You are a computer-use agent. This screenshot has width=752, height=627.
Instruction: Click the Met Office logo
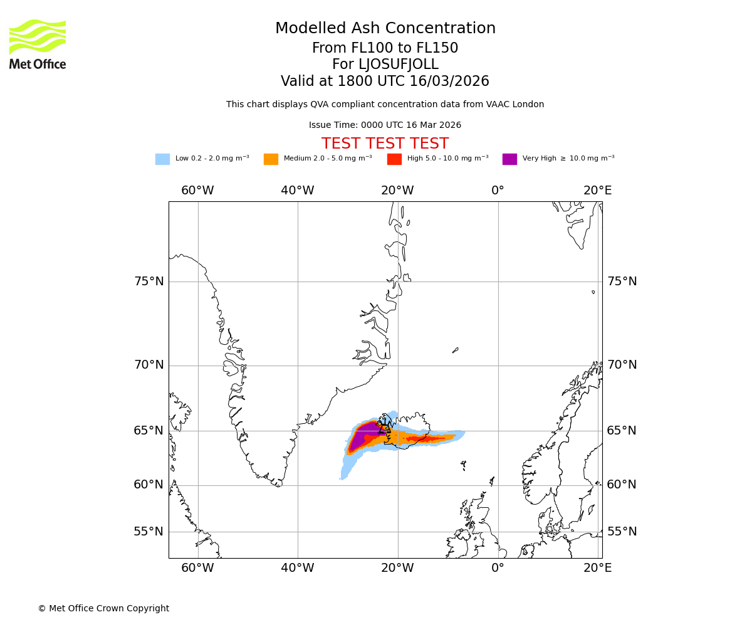coord(38,44)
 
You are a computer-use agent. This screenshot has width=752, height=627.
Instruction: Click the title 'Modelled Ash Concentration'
coord(385,29)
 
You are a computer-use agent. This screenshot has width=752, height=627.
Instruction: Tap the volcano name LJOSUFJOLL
coord(385,65)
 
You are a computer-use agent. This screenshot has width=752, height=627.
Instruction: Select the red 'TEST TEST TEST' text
coord(385,144)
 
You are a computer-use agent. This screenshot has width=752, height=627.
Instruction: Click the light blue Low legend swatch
coord(162,159)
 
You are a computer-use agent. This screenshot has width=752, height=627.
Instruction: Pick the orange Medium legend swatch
coord(271,159)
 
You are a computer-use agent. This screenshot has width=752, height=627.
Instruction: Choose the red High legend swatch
coord(394,159)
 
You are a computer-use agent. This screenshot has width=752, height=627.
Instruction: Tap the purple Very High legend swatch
coord(509,159)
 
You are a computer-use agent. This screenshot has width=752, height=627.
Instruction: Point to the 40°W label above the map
coord(297,191)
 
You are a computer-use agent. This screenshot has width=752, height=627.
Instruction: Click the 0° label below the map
coord(498,568)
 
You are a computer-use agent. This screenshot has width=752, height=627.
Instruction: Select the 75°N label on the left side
coord(149,282)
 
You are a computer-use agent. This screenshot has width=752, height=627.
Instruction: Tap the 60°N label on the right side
coord(621,485)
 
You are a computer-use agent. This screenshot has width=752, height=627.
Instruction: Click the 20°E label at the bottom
coord(597,568)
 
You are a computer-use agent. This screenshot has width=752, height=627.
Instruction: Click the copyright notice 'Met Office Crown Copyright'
coord(103,608)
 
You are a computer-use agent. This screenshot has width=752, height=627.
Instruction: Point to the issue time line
coord(385,125)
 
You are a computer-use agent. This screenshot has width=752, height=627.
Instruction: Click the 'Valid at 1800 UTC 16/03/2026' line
coord(385,82)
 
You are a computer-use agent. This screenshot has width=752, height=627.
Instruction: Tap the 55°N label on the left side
coord(149,532)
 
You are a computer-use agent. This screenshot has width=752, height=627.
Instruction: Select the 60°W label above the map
coord(197,191)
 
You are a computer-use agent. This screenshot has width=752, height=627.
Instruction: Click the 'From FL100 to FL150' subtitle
coord(385,48)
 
